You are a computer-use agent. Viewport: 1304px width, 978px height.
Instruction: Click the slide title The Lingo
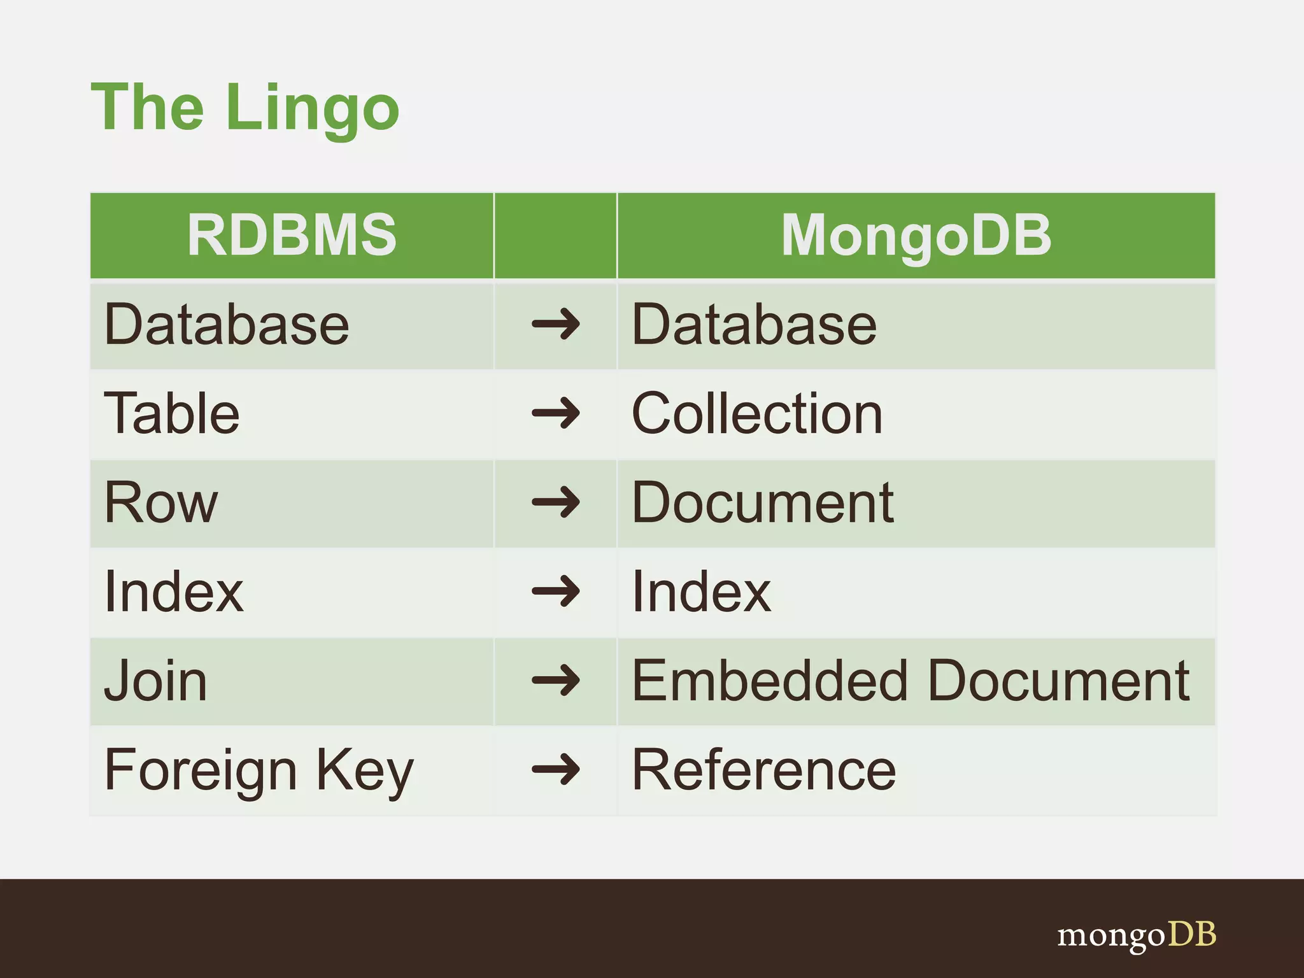[245, 108]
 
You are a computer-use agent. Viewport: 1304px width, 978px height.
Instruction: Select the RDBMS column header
[292, 235]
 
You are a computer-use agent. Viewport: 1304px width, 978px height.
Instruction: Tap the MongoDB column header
[916, 235]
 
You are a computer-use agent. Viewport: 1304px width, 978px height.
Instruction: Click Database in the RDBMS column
[227, 325]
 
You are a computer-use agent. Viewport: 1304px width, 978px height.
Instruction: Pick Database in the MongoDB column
[754, 325]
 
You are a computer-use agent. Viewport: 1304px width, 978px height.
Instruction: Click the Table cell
[172, 414]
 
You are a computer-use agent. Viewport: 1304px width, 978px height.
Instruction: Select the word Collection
[757, 414]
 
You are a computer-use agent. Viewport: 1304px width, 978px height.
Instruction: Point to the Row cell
[161, 503]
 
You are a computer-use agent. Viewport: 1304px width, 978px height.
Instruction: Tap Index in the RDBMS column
[174, 592]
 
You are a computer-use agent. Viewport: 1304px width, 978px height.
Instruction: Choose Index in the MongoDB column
[701, 592]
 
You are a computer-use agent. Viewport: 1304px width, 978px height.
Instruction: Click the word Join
[155, 681]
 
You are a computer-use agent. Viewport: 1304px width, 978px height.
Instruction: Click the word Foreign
[201, 770]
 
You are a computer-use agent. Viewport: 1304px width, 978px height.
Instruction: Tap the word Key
[365, 770]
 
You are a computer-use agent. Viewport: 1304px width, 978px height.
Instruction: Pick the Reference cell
[763, 770]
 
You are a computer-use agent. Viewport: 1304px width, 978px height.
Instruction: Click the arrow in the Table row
[555, 414]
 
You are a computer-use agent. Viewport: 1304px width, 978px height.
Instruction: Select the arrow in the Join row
[555, 681]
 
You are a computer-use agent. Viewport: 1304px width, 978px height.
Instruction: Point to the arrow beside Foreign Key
[555, 770]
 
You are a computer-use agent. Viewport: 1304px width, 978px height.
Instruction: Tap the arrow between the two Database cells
[555, 325]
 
